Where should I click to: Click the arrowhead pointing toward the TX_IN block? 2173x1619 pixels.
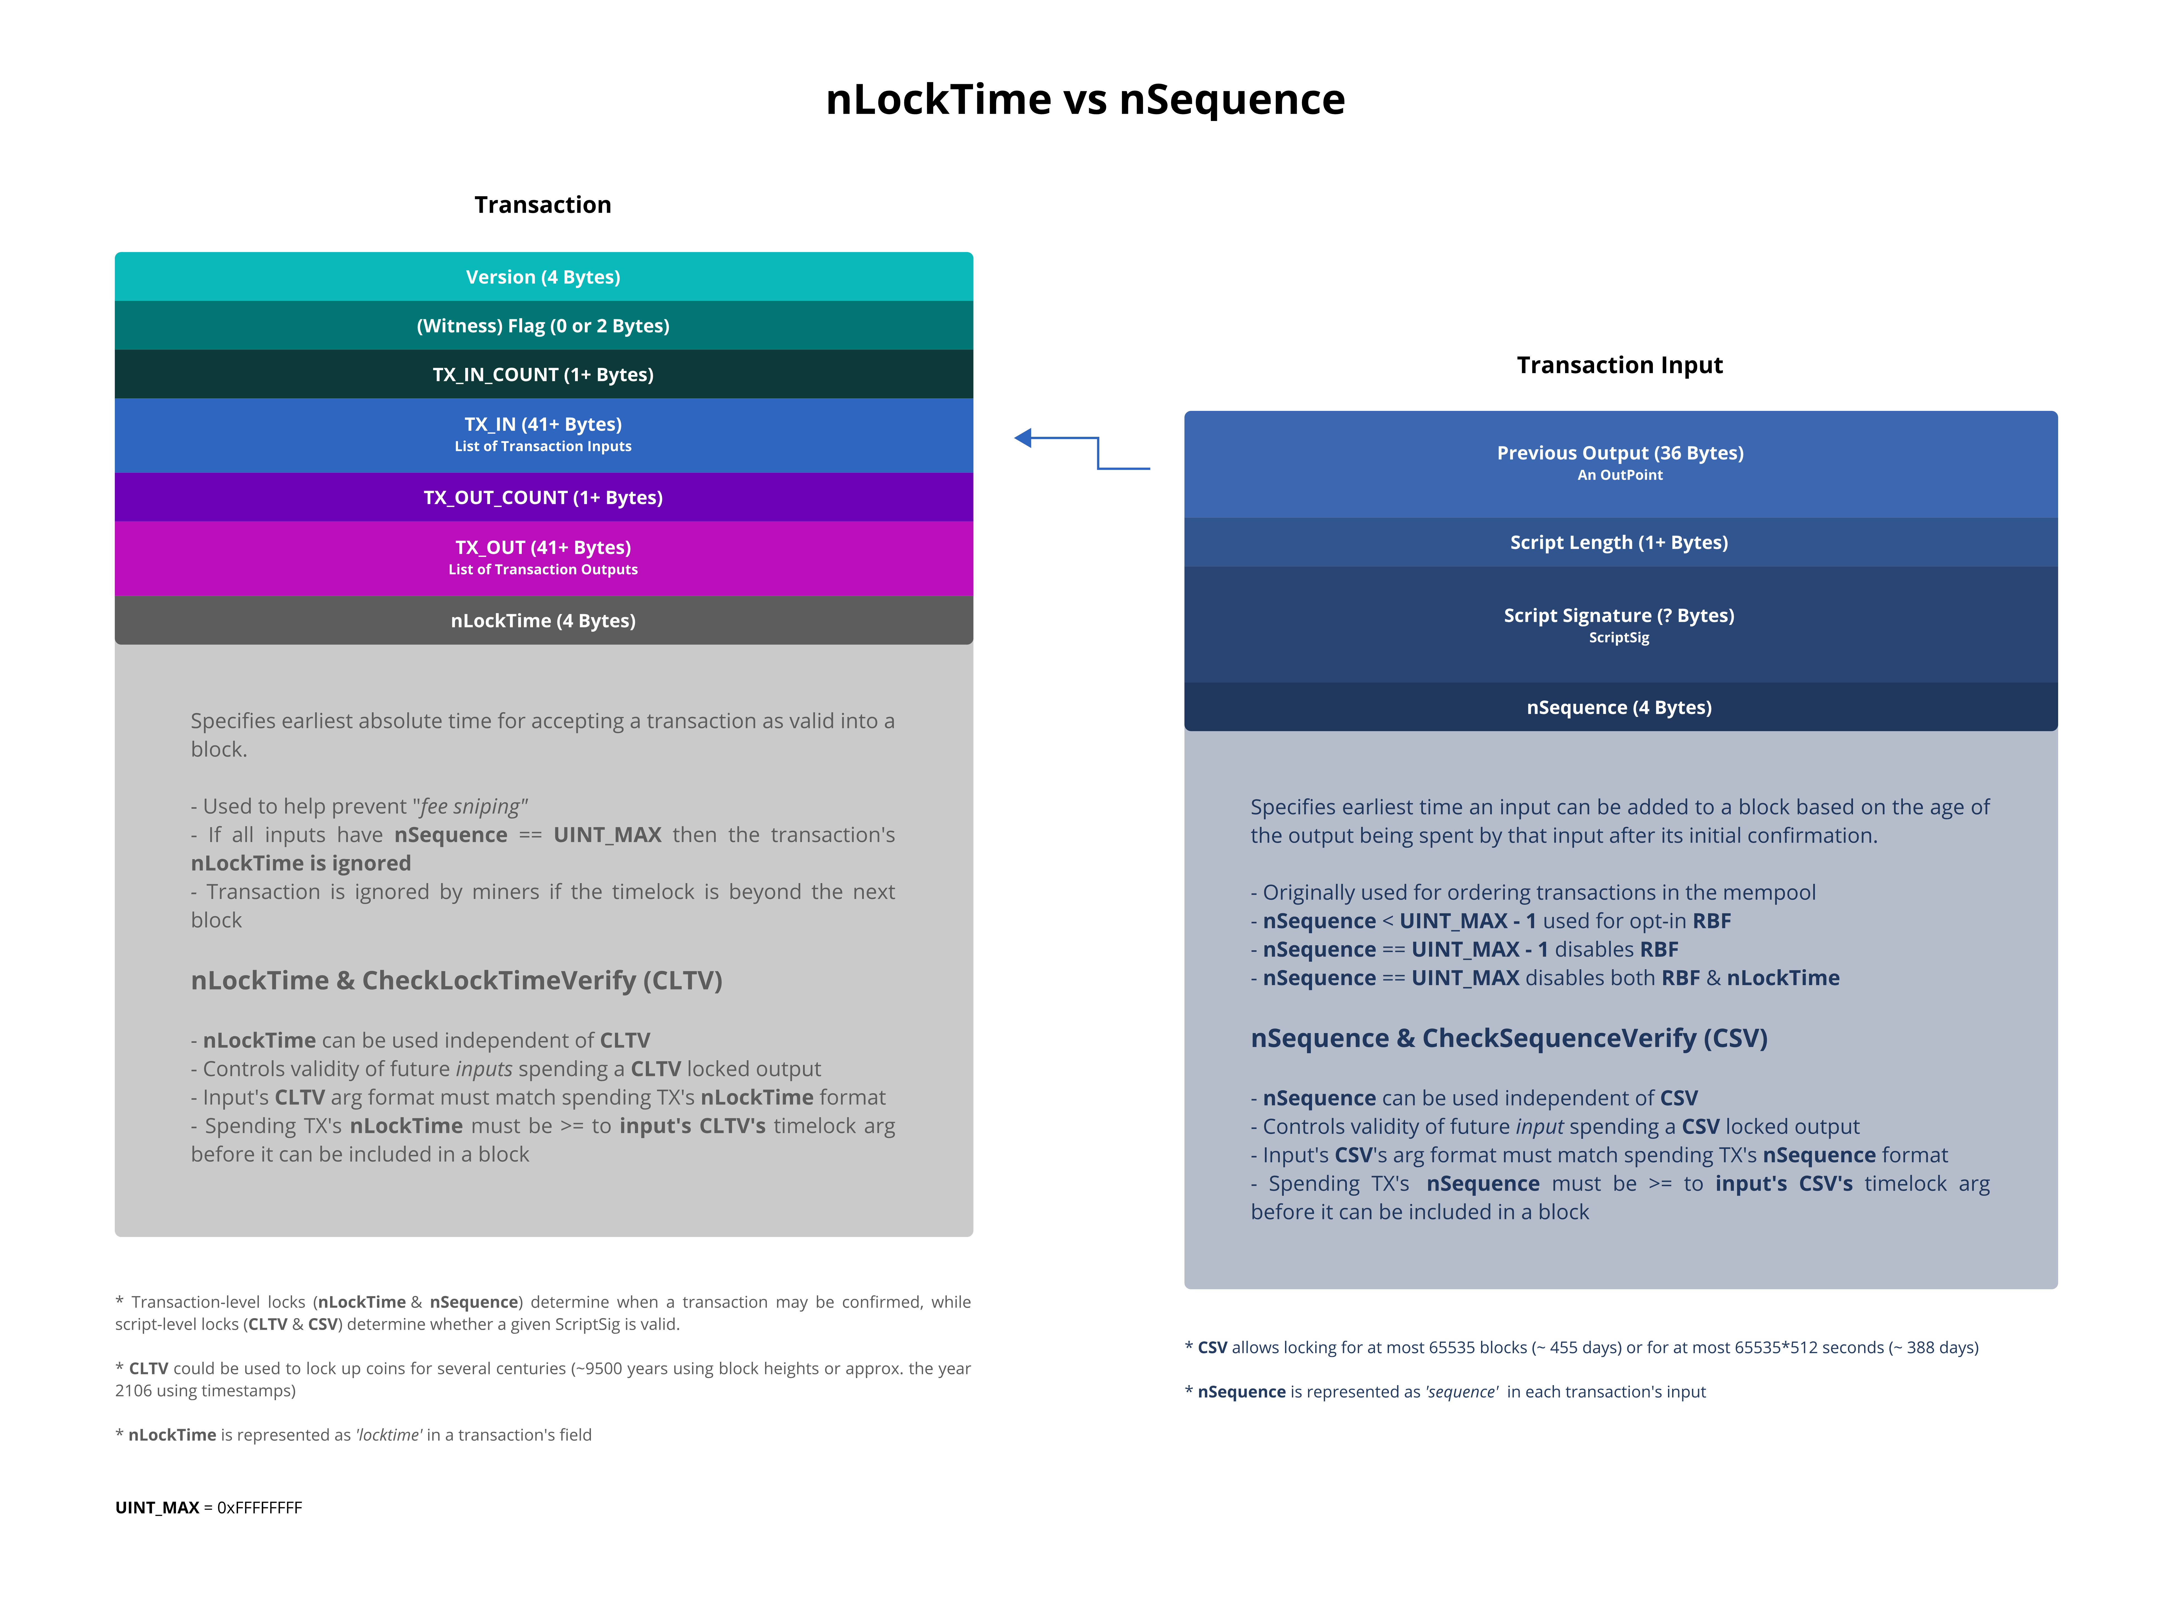click(1024, 438)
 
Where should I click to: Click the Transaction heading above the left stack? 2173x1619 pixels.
click(543, 205)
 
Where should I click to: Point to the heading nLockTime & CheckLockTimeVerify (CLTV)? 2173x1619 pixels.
click(457, 980)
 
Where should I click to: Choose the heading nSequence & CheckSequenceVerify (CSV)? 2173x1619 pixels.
click(1509, 1038)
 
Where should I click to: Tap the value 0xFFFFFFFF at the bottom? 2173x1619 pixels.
click(260, 1507)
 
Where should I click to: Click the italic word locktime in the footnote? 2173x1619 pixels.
click(390, 1435)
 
